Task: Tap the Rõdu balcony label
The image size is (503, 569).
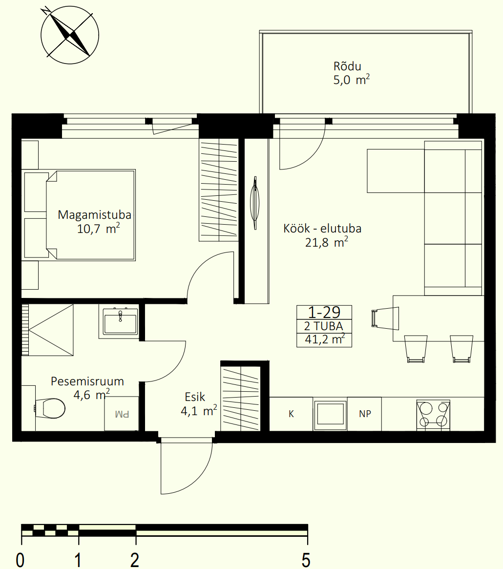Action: tap(347, 66)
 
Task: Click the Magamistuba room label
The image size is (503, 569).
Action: tap(94, 215)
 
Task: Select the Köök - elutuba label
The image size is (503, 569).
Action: tap(322, 229)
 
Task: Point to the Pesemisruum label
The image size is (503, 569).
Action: tap(87, 381)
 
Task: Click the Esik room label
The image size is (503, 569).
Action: tap(195, 397)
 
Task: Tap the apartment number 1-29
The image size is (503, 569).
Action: tap(324, 312)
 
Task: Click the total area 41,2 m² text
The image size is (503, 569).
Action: tap(324, 339)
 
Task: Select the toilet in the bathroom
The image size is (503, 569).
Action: tap(50, 408)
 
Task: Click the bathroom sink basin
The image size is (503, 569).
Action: tap(120, 321)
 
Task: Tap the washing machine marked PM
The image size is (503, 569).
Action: tap(122, 413)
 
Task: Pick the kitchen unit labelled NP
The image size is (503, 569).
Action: tap(364, 414)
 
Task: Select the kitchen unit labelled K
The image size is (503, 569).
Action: tap(291, 414)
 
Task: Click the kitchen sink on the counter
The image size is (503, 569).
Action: tap(330, 415)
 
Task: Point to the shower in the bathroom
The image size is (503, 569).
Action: tap(47, 330)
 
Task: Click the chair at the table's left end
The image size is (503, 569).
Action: tap(385, 318)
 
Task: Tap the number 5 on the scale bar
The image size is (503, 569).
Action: tap(306, 560)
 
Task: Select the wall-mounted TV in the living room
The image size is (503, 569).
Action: tap(255, 203)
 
